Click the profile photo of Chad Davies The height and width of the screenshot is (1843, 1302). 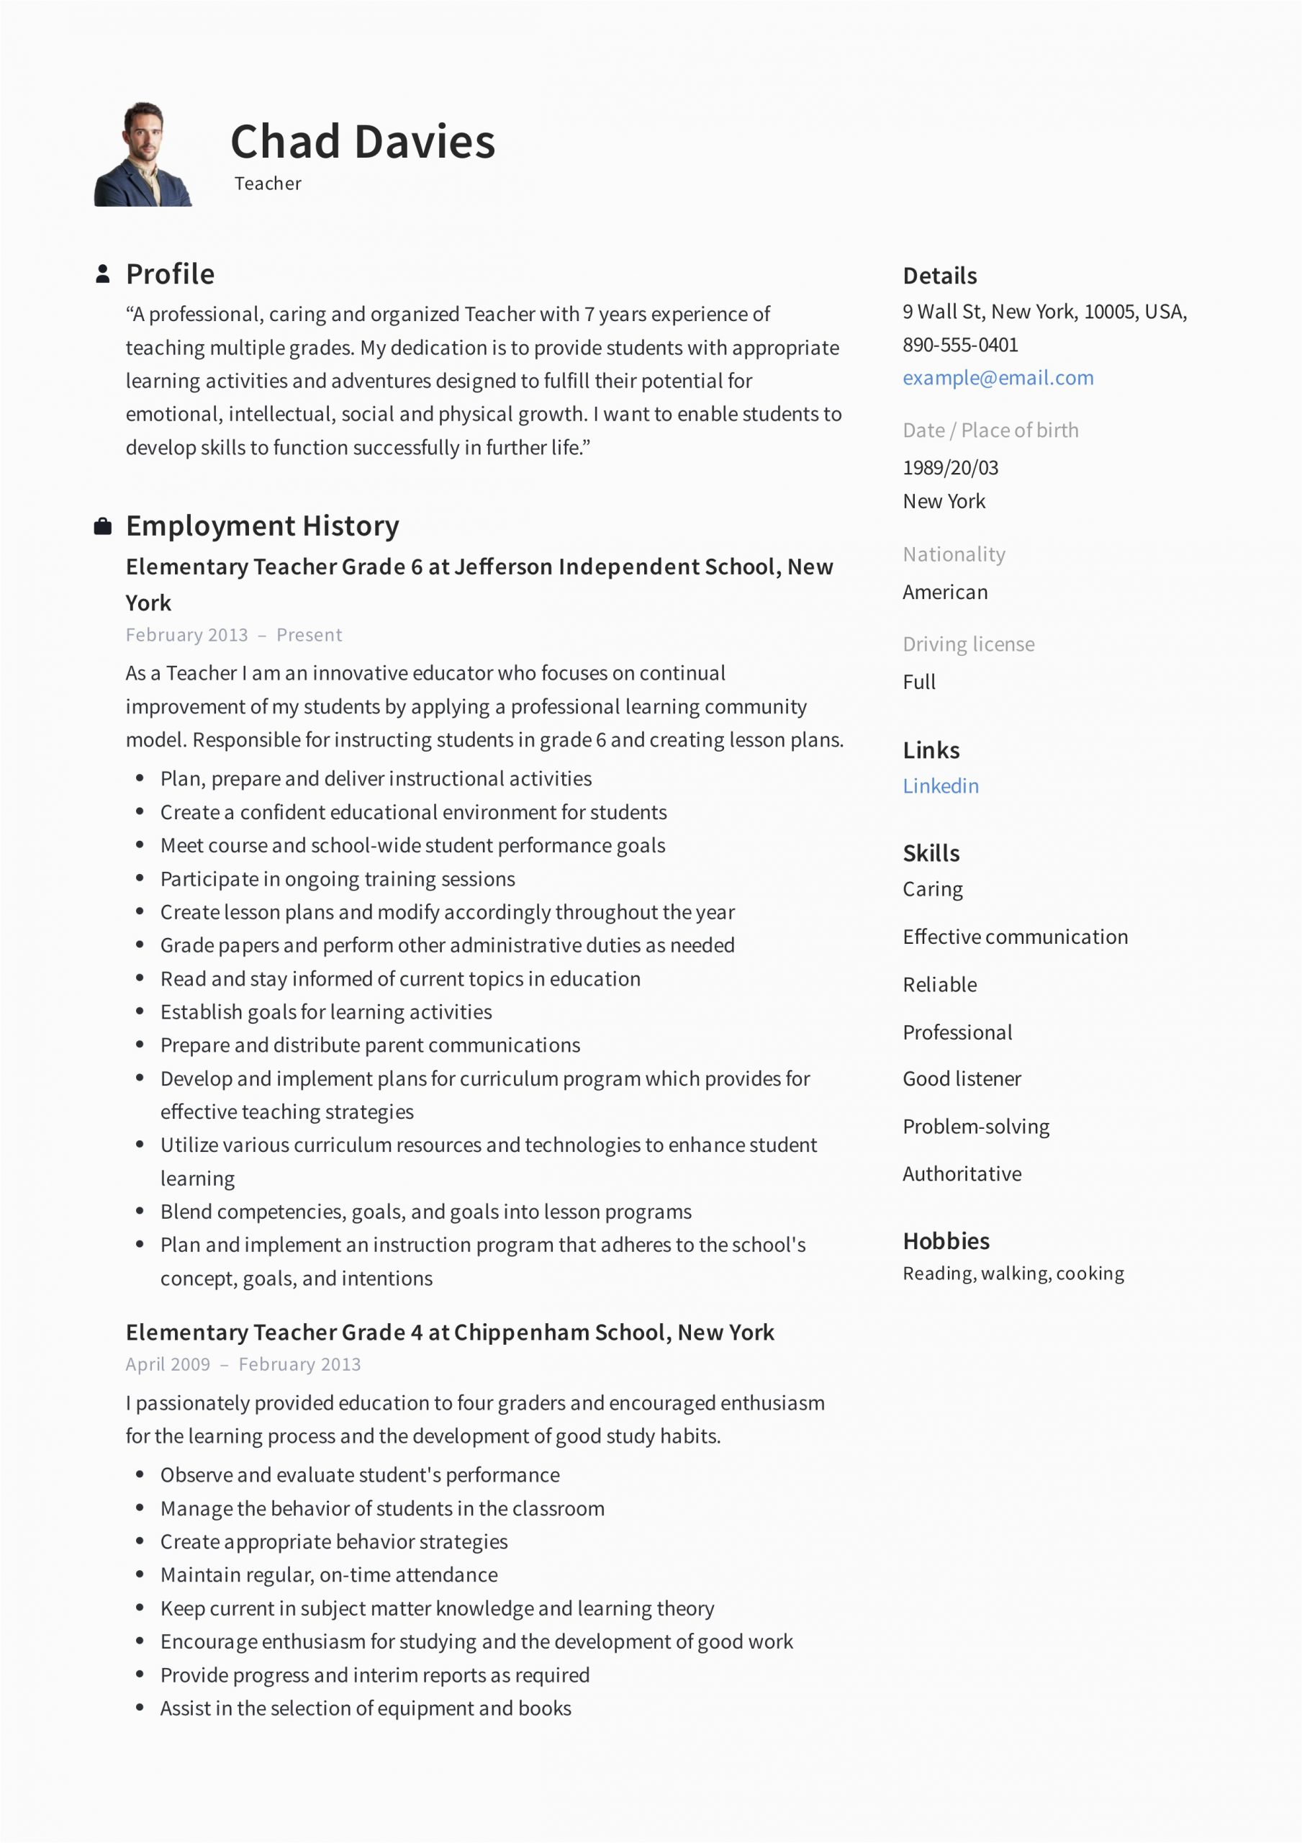click(x=143, y=154)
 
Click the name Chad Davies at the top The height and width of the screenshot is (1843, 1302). click(x=362, y=142)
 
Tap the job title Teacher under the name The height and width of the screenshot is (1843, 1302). click(x=267, y=184)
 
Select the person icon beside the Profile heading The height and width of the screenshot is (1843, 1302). click(x=103, y=274)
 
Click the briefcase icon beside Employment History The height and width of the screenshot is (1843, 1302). click(x=103, y=526)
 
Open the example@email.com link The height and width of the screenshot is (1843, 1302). click(x=997, y=378)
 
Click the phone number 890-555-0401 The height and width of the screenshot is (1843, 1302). click(x=960, y=345)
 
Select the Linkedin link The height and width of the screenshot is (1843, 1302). click(x=940, y=786)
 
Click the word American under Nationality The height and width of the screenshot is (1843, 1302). click(x=945, y=592)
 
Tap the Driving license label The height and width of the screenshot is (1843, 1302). click(x=968, y=644)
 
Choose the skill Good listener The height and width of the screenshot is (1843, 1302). click(x=962, y=1079)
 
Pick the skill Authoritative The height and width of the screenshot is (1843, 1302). click(x=962, y=1174)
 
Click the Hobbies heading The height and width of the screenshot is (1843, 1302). click(x=946, y=1241)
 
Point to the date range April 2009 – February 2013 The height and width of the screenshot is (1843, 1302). click(x=243, y=1364)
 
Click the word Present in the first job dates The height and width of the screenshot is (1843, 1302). click(x=309, y=635)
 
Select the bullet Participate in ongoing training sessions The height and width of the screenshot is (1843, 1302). click(x=337, y=879)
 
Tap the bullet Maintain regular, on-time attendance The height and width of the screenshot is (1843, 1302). click(x=328, y=1575)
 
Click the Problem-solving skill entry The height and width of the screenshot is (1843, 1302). click(x=975, y=1127)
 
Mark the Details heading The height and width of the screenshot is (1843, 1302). click(x=939, y=276)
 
